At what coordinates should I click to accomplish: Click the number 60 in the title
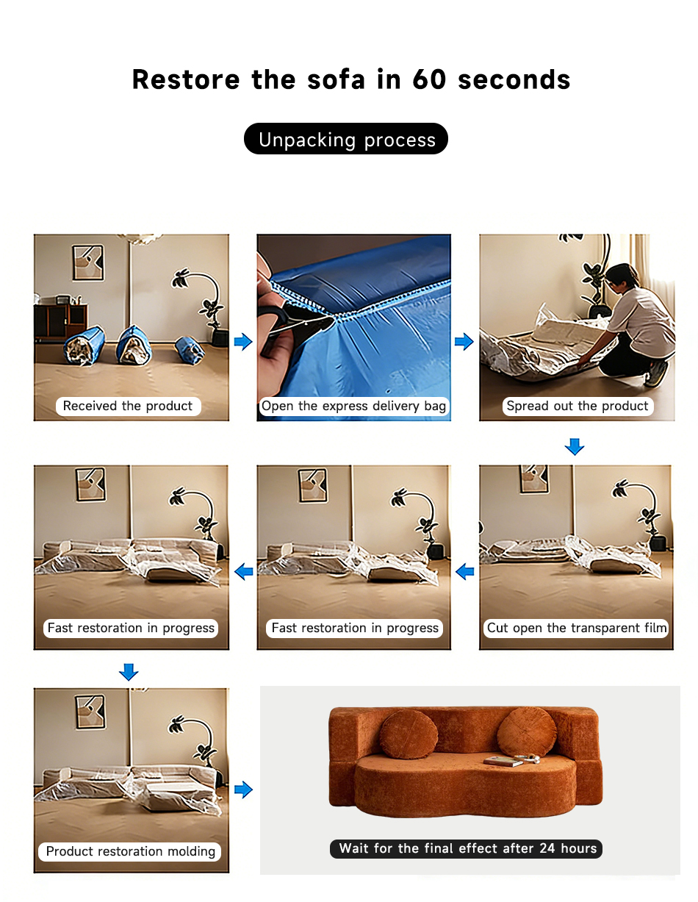tap(429, 79)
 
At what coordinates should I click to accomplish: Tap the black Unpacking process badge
tap(345, 139)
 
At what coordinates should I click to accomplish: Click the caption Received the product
tap(128, 406)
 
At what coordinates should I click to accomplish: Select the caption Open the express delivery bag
tap(353, 406)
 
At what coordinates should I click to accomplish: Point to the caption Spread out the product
tap(578, 406)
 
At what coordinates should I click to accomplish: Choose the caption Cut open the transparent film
tap(577, 628)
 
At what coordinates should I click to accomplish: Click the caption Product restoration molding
tap(130, 851)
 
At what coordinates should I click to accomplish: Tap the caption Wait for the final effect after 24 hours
tap(468, 848)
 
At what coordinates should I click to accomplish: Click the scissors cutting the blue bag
tap(297, 324)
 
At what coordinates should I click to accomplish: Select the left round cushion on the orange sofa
tap(409, 734)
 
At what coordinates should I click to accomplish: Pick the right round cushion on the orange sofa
tap(527, 731)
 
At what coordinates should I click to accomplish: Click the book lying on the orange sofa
tap(503, 761)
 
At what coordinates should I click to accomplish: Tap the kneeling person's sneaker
tap(657, 373)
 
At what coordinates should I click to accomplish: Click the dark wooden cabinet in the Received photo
tap(61, 320)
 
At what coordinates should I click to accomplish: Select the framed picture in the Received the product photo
tap(88, 262)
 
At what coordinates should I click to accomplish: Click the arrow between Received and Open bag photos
tap(243, 341)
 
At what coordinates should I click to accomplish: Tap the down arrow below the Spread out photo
tap(575, 447)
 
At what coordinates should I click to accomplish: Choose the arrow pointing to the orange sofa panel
tap(243, 789)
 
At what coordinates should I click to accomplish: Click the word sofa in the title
tap(337, 79)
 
